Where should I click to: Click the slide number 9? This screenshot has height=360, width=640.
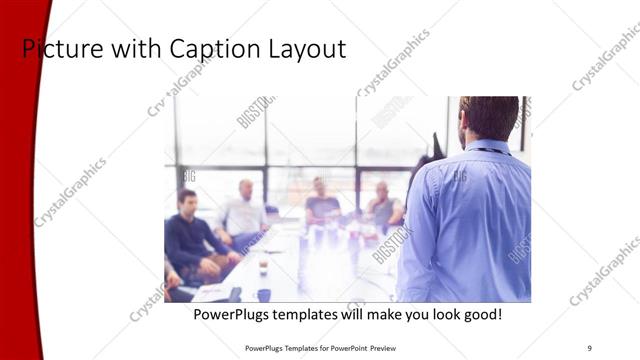[x=589, y=347]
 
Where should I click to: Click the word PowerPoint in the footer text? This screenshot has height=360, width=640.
[x=346, y=347]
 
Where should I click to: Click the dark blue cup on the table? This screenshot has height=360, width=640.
[x=264, y=294]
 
